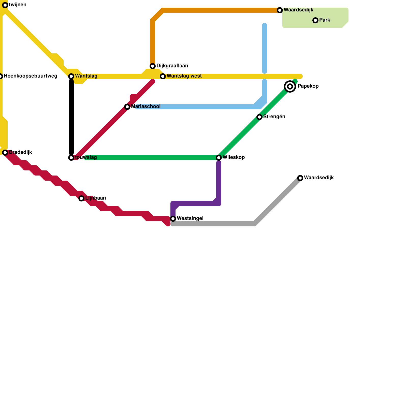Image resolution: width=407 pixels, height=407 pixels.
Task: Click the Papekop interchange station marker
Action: click(x=290, y=86)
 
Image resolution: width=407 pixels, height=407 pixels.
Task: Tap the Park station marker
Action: click(x=315, y=20)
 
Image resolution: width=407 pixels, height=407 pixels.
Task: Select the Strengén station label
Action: click(x=274, y=117)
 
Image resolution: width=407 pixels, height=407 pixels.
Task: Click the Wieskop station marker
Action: click(x=219, y=158)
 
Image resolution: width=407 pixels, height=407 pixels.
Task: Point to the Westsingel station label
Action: click(x=190, y=219)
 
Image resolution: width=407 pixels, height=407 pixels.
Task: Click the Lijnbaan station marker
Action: click(x=81, y=198)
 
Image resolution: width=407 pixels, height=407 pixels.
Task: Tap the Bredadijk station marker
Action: click(x=5, y=153)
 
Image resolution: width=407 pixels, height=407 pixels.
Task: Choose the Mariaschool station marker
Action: click(x=127, y=107)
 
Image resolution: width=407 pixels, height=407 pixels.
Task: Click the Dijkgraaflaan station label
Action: click(x=172, y=66)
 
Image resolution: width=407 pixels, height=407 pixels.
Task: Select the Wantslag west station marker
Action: click(x=163, y=76)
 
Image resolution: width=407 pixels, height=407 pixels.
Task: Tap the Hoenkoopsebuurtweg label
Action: click(x=31, y=76)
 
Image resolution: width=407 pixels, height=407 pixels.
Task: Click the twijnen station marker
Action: click(x=5, y=5)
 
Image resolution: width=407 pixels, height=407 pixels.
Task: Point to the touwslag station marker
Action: click(x=71, y=158)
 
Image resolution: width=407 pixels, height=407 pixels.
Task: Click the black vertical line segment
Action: click(x=71, y=117)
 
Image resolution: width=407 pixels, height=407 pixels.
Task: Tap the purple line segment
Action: click(x=219, y=183)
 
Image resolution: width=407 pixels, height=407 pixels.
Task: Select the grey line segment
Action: click(x=214, y=224)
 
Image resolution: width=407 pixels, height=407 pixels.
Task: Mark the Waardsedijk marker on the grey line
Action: click(x=300, y=178)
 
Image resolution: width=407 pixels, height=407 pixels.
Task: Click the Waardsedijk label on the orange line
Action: click(x=298, y=10)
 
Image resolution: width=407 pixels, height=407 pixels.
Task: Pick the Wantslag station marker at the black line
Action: click(x=71, y=76)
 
